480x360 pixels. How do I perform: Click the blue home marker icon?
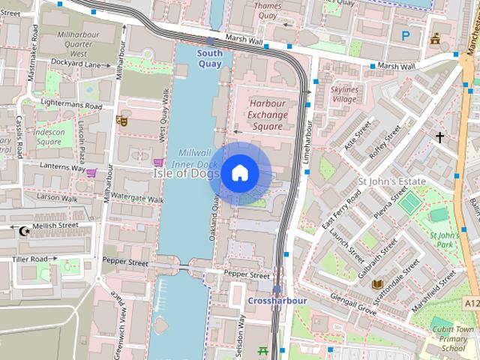point(239,173)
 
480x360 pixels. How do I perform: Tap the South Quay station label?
point(210,58)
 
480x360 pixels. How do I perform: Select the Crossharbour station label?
point(277,300)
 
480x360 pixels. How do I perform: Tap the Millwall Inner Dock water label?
point(194,157)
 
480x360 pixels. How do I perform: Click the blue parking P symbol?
point(406,35)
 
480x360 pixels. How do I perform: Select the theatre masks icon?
point(121,120)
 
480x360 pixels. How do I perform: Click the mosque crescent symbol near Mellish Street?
point(25,231)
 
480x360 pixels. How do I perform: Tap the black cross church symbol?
point(439,137)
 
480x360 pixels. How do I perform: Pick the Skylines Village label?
point(344,94)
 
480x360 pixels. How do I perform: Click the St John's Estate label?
point(391,181)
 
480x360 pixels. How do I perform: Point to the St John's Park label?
point(444,240)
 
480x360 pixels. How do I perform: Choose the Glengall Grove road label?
point(346,304)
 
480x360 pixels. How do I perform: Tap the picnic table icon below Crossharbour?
point(262,350)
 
